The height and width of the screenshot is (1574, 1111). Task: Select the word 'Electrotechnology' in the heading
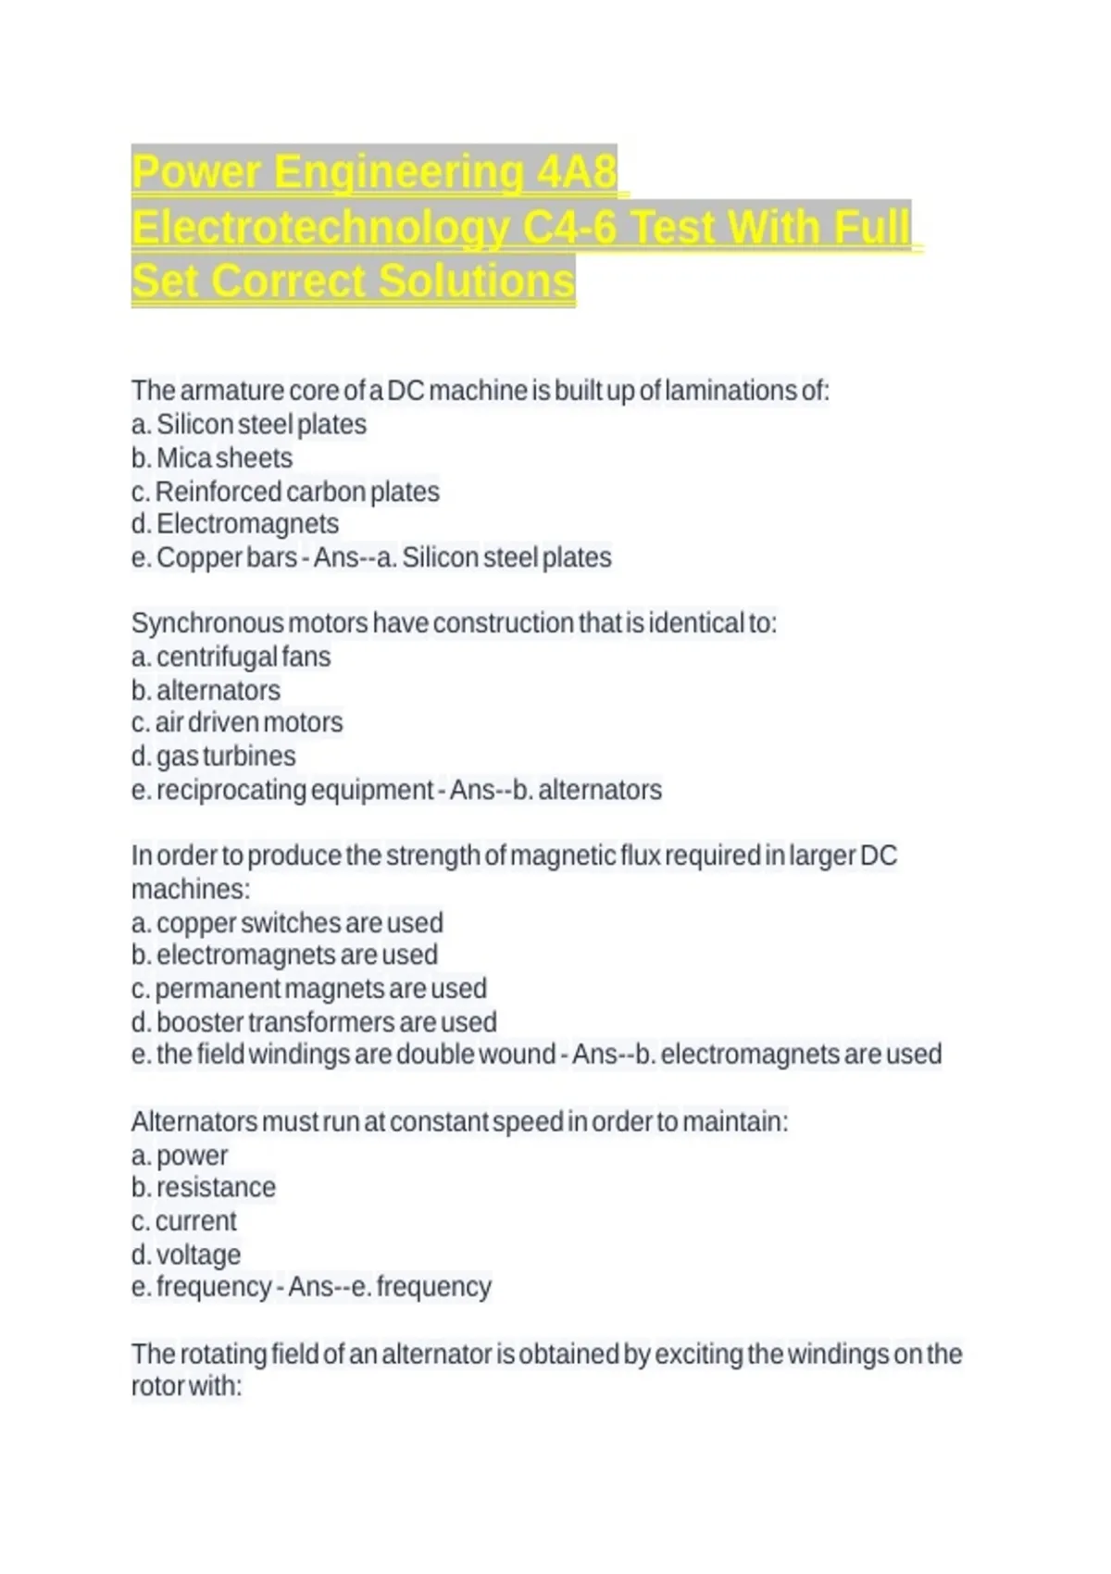point(320,227)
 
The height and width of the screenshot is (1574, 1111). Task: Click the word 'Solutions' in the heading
point(476,281)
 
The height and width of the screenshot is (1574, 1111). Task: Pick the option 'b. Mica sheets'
point(212,457)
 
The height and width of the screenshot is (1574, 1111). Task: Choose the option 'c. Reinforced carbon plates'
point(285,491)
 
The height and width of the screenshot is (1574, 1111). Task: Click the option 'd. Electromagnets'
point(235,524)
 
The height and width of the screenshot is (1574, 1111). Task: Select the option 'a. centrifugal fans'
point(231,656)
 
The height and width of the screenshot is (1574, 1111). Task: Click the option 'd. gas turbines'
point(214,756)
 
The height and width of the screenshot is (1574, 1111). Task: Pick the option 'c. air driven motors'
point(237,722)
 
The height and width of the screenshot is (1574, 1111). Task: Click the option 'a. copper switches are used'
point(287,922)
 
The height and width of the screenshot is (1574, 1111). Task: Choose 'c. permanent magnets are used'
point(308,988)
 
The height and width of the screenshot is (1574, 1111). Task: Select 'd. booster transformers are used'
point(314,1021)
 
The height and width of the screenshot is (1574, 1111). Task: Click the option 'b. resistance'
point(204,1187)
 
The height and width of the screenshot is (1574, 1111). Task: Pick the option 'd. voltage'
point(186,1254)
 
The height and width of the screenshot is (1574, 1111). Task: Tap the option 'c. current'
point(184,1220)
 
